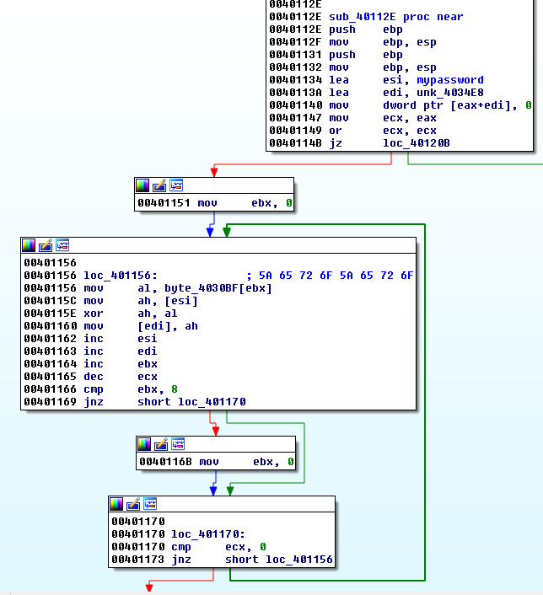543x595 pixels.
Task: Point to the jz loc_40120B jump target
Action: pos(417,143)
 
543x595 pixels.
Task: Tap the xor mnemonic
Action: pos(93,314)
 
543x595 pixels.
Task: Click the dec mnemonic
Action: pos(93,377)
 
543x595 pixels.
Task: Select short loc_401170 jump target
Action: pos(191,402)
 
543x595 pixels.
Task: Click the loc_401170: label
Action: pos(207,533)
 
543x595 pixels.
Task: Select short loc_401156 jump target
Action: pos(279,559)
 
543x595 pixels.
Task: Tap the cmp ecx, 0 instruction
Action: pos(218,546)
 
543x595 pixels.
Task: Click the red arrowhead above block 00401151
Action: pos(213,172)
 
